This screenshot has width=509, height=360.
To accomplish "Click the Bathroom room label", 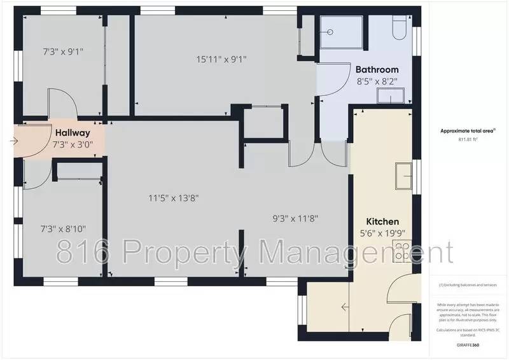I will (377, 69).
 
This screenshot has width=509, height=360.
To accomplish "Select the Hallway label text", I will (72, 133).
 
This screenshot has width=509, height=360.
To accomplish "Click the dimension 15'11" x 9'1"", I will (221, 60).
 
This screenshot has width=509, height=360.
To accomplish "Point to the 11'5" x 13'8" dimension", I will (174, 198).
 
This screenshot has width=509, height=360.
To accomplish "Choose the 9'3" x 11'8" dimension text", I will (295, 218).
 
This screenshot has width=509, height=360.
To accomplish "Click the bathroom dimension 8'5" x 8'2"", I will (377, 81).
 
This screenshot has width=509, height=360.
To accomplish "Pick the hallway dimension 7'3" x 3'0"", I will (73, 144).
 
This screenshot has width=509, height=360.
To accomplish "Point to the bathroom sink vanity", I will (393, 95).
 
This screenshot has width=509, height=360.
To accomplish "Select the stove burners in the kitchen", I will (401, 251).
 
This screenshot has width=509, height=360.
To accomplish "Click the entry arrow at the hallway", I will (15, 141).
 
